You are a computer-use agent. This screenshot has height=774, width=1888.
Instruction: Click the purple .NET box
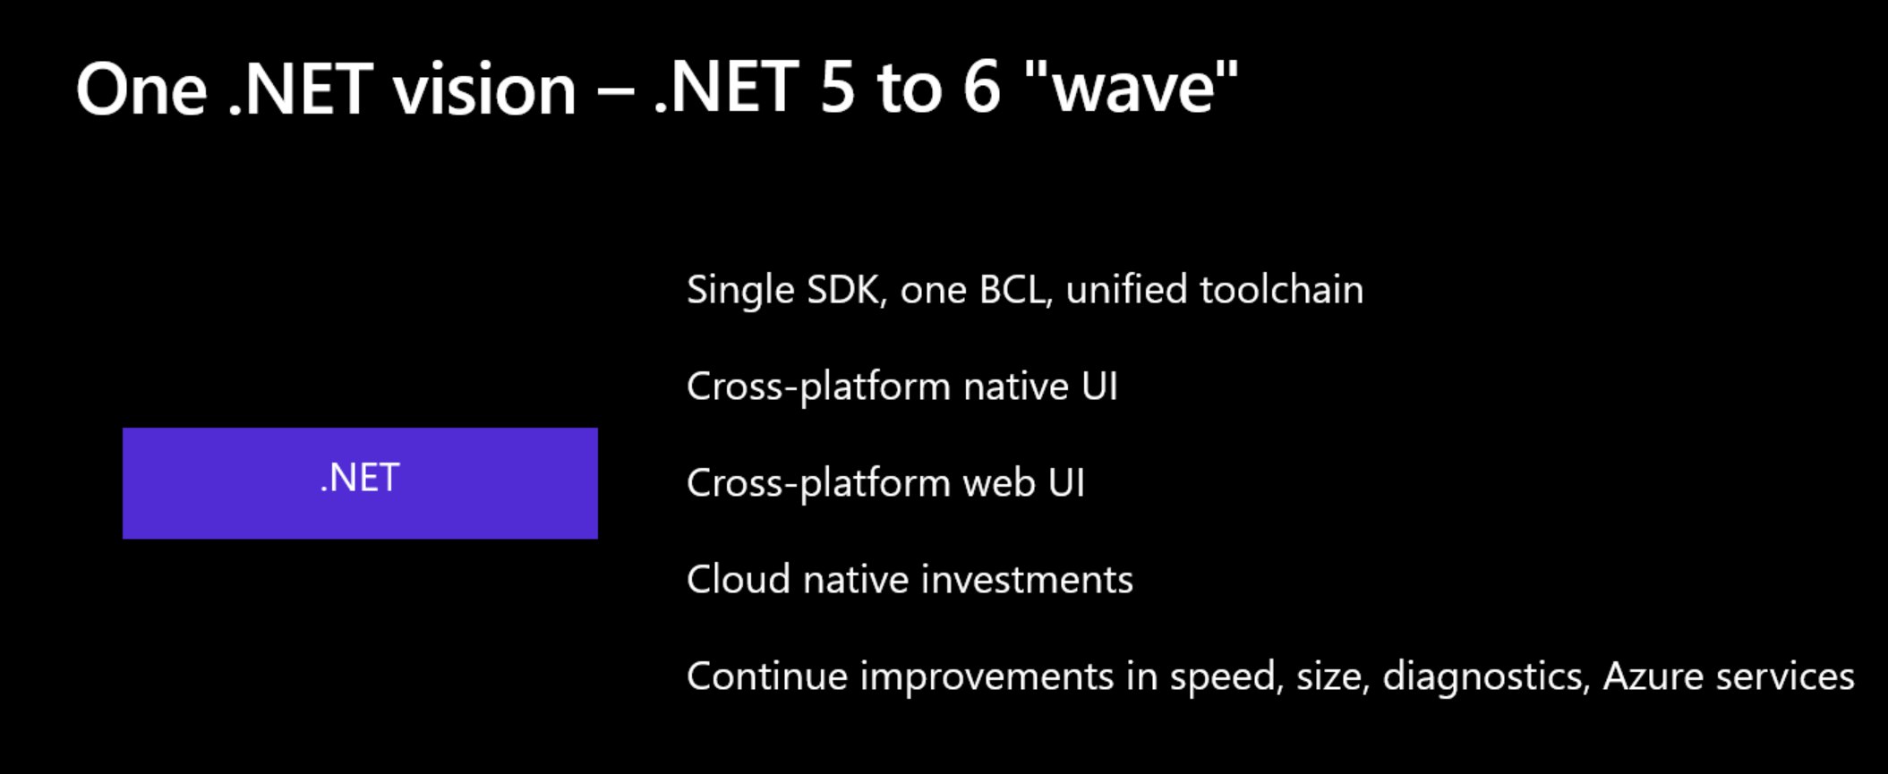pyautogui.click(x=360, y=483)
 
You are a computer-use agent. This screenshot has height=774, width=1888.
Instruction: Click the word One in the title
pyautogui.click(x=141, y=89)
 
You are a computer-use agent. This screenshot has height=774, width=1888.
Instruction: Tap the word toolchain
pyautogui.click(x=1281, y=289)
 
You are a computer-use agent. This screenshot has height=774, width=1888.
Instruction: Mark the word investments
pyautogui.click(x=1027, y=579)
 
